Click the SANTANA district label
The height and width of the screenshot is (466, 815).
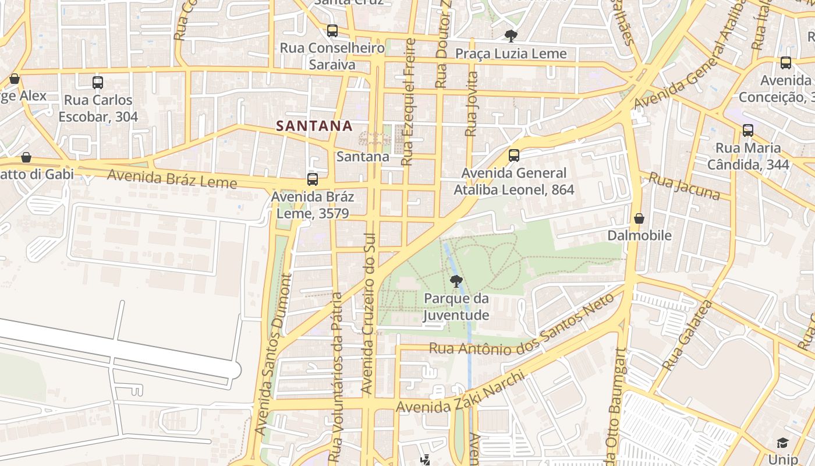[x=314, y=126]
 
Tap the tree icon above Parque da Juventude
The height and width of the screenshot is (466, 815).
[x=456, y=281]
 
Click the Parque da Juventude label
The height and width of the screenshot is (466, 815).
[x=456, y=307]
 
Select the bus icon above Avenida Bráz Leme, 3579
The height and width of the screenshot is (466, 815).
[x=313, y=179]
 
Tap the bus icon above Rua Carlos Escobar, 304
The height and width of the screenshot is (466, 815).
[x=98, y=83]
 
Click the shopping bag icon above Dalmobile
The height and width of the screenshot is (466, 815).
[x=639, y=218]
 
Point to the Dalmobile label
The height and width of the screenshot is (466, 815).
[x=639, y=235]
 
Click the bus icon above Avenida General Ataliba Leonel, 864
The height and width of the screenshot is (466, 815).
[x=513, y=156]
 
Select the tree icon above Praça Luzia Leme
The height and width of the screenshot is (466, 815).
[x=511, y=36]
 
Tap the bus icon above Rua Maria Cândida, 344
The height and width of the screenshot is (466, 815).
[x=748, y=130]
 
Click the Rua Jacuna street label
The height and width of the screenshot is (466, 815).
[x=684, y=186]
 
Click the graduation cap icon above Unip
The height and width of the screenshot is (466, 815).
[x=782, y=443]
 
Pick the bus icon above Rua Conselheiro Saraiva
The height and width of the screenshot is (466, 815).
[x=332, y=31]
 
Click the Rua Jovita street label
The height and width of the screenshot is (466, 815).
[x=472, y=104]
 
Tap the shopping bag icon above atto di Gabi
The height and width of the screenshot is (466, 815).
[x=26, y=157]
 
